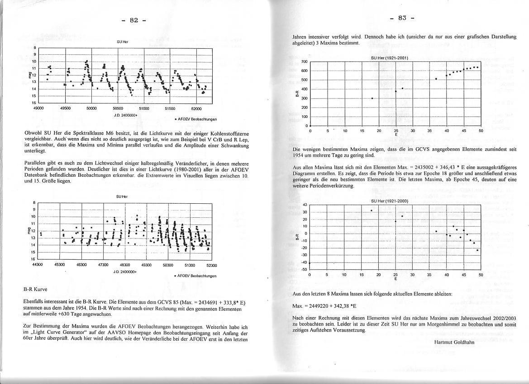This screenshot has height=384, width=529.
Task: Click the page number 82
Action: (134, 20)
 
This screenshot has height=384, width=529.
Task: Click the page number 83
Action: (402, 18)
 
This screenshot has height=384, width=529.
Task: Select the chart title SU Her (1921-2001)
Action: (389, 58)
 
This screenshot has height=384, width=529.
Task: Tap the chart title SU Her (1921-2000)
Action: (390, 201)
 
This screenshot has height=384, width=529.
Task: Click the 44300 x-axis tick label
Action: (38, 265)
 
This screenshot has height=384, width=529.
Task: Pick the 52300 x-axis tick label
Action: (211, 266)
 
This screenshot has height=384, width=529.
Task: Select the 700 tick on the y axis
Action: (305, 62)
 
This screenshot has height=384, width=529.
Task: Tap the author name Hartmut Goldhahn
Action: (454, 342)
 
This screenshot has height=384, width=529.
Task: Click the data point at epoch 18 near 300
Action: (372, 98)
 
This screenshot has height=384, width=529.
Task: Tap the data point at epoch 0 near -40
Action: (310, 263)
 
